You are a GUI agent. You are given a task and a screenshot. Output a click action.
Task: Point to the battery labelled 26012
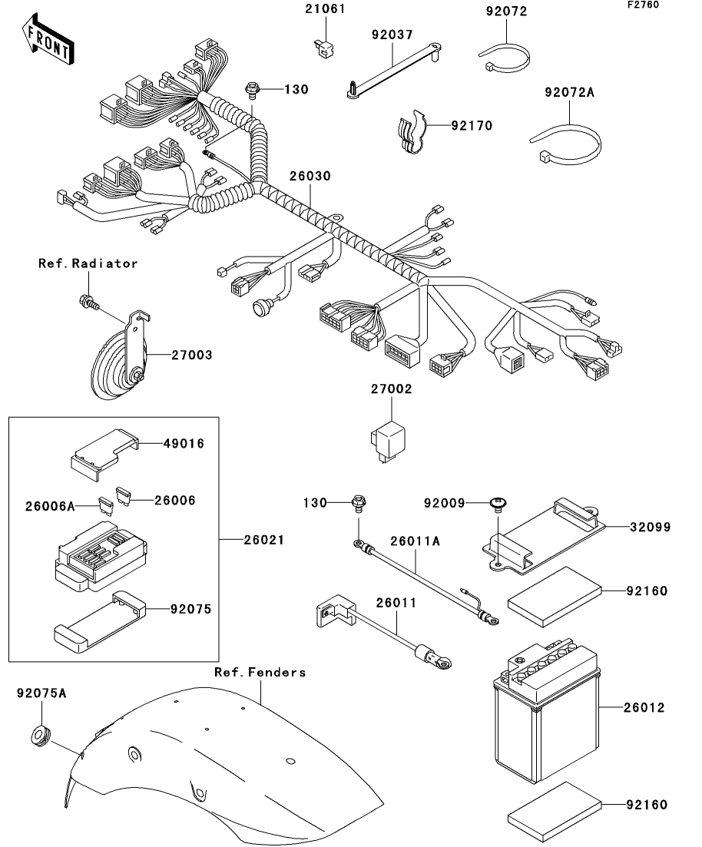(544, 706)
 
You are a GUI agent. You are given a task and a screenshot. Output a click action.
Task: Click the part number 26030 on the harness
(310, 176)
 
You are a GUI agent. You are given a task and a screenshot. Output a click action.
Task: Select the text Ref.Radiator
(88, 263)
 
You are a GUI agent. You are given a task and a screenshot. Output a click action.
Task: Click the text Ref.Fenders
(260, 672)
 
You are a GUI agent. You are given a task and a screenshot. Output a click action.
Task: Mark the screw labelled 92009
(498, 505)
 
